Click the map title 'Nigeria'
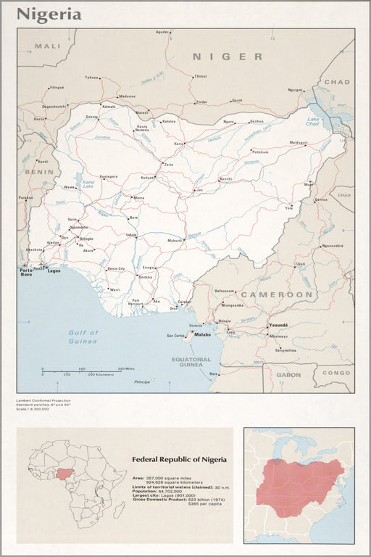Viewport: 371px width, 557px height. click(49, 14)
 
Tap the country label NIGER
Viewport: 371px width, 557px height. click(228, 57)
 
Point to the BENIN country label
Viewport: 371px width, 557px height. click(39, 172)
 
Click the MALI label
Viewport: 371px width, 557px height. click(49, 46)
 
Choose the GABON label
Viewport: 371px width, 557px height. click(288, 375)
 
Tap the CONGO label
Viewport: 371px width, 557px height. click(335, 373)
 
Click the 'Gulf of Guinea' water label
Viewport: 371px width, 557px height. click(83, 337)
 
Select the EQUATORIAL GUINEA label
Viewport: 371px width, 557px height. click(191, 362)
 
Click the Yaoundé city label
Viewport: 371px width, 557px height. click(278, 325)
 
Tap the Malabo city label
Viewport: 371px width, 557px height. click(201, 334)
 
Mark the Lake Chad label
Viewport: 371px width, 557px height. click(314, 121)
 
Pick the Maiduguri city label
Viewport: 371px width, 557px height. click(299, 142)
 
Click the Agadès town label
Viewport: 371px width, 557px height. click(162, 32)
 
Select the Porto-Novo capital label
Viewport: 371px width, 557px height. click(25, 271)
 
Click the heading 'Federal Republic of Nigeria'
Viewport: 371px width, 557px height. click(179, 459)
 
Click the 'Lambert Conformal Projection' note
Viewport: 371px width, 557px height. click(43, 400)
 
